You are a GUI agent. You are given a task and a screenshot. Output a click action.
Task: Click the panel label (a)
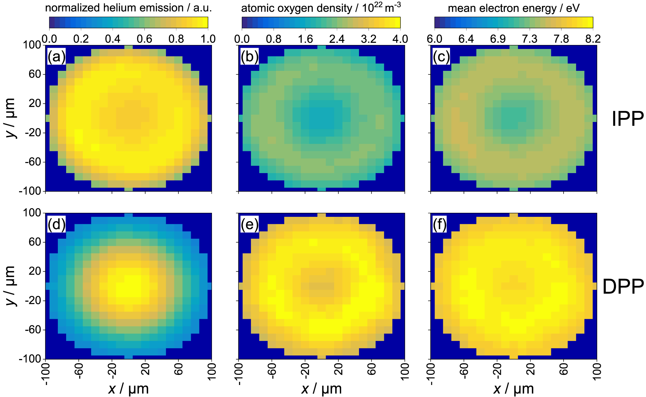(x=56, y=56)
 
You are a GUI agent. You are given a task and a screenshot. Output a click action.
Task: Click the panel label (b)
(x=249, y=56)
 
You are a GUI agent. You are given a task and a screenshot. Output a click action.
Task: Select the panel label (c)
(x=441, y=56)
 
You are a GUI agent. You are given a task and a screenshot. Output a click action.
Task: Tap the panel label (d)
(x=56, y=225)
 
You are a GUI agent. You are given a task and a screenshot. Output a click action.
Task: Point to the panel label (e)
(x=249, y=225)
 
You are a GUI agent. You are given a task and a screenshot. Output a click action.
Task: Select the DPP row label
(x=623, y=287)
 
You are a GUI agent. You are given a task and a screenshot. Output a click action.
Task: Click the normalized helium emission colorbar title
(x=129, y=8)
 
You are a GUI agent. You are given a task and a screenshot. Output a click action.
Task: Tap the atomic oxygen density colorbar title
(x=321, y=8)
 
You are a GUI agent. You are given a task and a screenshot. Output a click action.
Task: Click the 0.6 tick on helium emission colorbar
(x=145, y=39)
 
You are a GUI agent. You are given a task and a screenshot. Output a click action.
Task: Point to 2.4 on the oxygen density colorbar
(x=337, y=39)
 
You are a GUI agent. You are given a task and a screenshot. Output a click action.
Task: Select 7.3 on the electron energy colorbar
(x=530, y=39)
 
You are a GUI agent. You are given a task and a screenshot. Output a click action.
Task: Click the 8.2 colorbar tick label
(x=593, y=39)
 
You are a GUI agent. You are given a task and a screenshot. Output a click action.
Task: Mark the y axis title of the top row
(x=10, y=118)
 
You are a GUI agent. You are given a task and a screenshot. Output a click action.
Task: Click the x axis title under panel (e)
(x=321, y=389)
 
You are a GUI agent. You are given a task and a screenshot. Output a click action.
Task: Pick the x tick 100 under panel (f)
(x=597, y=371)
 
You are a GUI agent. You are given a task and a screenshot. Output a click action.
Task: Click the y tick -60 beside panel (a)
(x=33, y=162)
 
